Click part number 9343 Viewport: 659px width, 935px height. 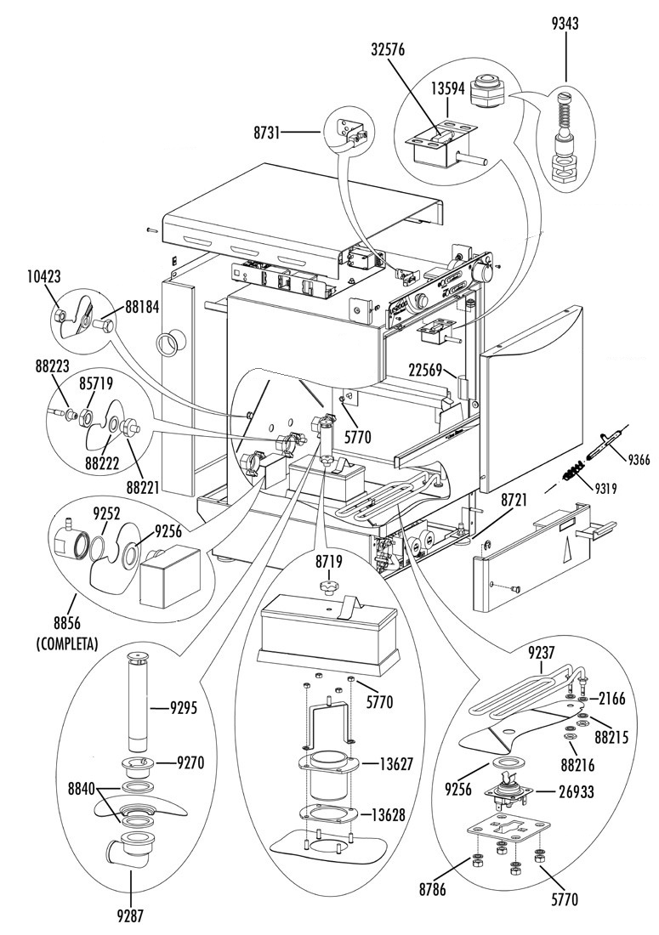(565, 24)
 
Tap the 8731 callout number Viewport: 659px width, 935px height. (265, 132)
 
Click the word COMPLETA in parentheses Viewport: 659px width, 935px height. (67, 644)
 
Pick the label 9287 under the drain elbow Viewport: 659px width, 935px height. (130, 916)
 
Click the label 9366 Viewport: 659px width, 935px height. (638, 460)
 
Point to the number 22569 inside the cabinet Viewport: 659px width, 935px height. (426, 371)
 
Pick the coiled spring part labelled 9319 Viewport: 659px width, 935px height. (571, 474)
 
